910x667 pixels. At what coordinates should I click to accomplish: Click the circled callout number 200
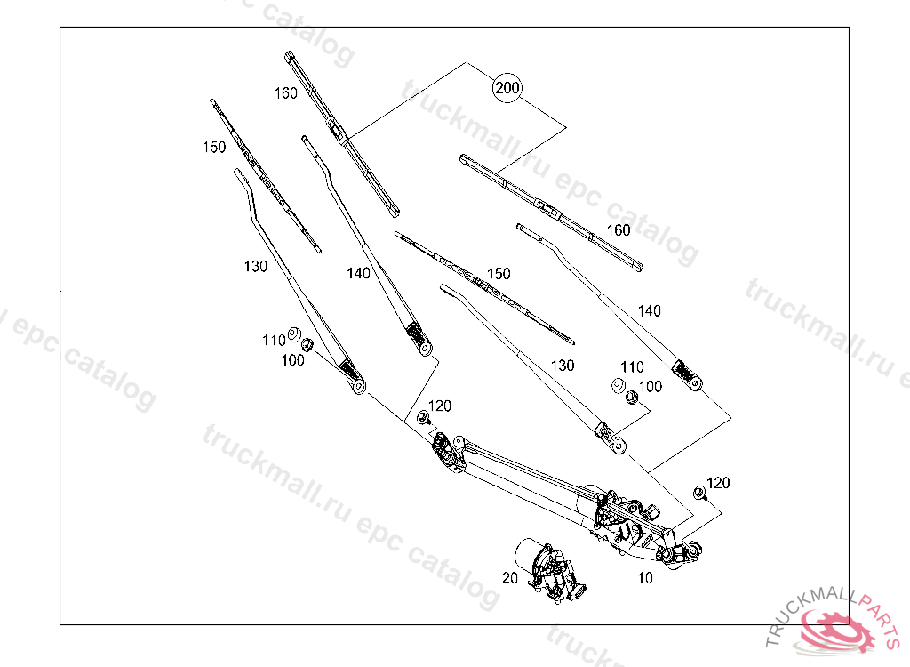pyautogui.click(x=507, y=88)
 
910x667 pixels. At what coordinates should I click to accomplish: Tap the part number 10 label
pyautogui.click(x=645, y=578)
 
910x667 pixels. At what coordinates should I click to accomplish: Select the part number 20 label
pyautogui.click(x=509, y=577)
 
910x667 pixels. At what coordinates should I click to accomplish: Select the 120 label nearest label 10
pyautogui.click(x=718, y=483)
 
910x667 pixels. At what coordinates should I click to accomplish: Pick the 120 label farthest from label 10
pyautogui.click(x=439, y=406)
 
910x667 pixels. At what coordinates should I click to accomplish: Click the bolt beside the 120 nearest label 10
pyautogui.click(x=699, y=493)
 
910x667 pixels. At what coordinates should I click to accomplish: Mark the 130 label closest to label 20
pyautogui.click(x=562, y=366)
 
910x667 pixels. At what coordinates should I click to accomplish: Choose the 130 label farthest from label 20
pyautogui.click(x=255, y=266)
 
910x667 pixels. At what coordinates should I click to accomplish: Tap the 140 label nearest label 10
pyautogui.click(x=650, y=311)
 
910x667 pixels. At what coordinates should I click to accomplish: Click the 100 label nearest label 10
pyautogui.click(x=651, y=387)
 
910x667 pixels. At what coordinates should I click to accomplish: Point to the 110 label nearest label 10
pyautogui.click(x=631, y=367)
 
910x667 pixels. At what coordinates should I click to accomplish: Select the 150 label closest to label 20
pyautogui.click(x=499, y=274)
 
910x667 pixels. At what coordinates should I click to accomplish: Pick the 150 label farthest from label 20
pyautogui.click(x=214, y=148)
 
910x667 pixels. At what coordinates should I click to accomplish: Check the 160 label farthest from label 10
pyautogui.click(x=285, y=93)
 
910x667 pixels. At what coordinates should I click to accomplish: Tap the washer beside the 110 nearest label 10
pyautogui.click(x=617, y=385)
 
